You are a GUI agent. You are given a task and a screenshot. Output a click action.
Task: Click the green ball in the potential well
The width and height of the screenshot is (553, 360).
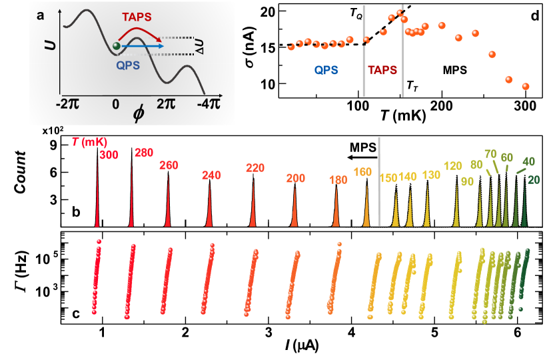click(117, 46)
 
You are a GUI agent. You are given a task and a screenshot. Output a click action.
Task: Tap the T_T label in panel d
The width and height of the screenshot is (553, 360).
click(413, 86)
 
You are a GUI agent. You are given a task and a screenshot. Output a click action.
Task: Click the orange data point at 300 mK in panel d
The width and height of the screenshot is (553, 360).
click(526, 86)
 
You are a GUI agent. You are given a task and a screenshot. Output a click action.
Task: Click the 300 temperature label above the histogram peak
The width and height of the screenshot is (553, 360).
click(109, 155)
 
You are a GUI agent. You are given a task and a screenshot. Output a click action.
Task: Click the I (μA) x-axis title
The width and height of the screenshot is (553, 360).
click(300, 349)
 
